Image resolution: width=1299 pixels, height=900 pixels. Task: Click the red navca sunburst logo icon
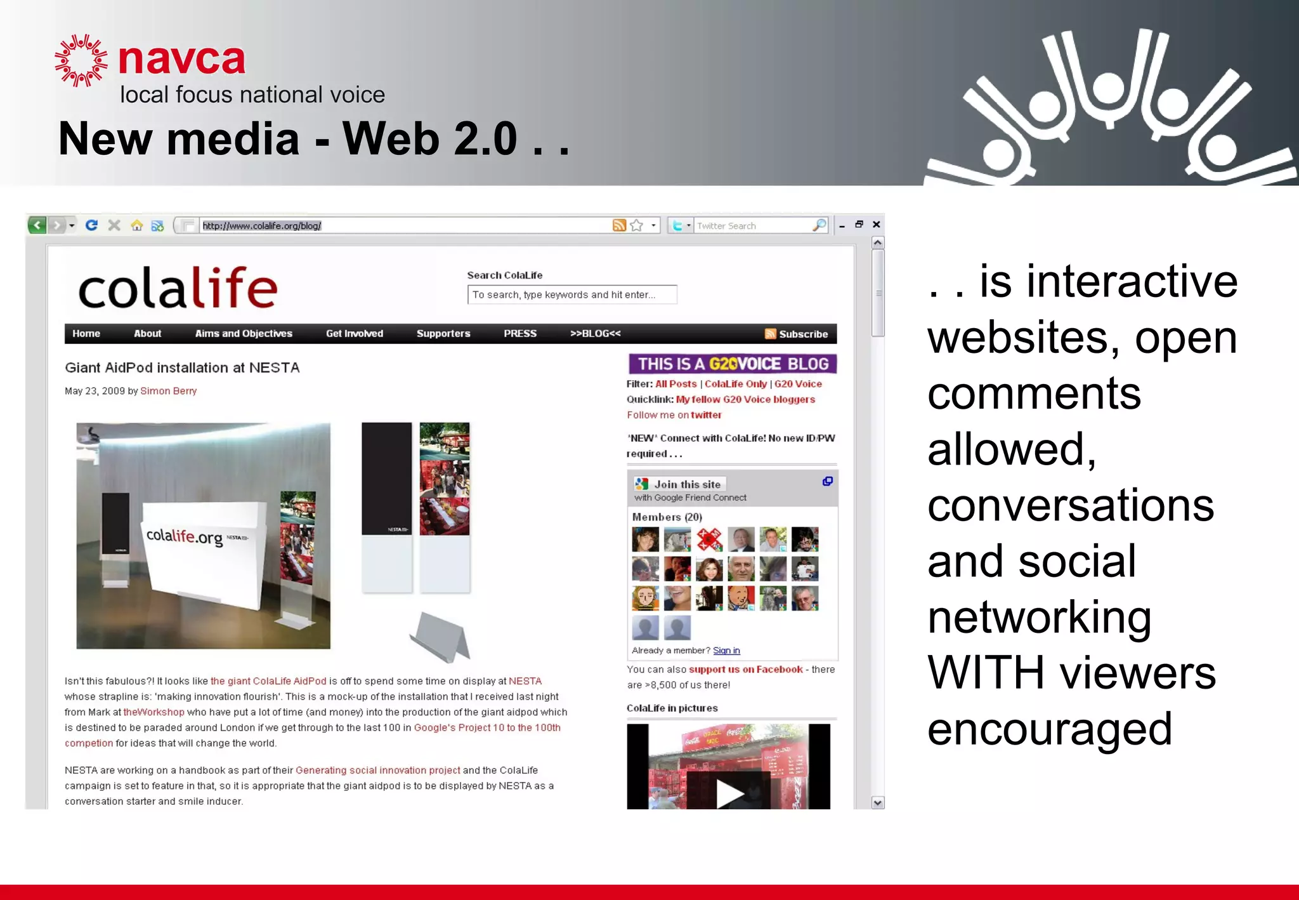[81, 60]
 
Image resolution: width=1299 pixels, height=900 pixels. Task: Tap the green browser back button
[37, 225]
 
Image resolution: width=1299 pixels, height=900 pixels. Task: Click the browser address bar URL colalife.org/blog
[262, 226]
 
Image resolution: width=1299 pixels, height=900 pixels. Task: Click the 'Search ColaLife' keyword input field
[571, 294]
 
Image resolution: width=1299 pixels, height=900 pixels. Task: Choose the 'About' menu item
[147, 334]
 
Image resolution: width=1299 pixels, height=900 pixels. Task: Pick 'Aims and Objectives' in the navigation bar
[244, 334]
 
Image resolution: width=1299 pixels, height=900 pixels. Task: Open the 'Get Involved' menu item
[354, 334]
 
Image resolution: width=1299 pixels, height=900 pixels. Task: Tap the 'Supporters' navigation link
[443, 334]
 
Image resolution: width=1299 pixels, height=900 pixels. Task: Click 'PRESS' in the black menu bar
[519, 334]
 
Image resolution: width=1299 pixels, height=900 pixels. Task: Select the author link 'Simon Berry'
[168, 391]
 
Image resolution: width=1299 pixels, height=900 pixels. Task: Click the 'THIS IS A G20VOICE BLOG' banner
[733, 364]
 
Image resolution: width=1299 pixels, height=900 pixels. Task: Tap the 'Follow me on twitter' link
[674, 415]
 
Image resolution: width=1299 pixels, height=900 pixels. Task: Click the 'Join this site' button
[680, 484]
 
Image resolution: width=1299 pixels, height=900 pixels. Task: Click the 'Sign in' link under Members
[726, 651]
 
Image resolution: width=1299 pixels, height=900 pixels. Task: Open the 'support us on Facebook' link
[745, 670]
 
